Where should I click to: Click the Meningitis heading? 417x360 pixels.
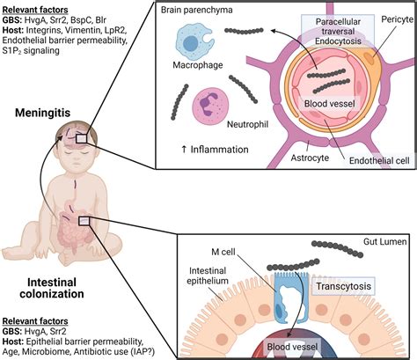tap(43, 113)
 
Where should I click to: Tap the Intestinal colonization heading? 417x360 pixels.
tap(52, 288)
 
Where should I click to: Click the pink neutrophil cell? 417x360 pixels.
tap(209, 106)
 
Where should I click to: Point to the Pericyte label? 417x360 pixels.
tap(397, 19)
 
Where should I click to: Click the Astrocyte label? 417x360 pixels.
tap(310, 158)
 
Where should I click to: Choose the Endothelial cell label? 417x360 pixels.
tap(379, 160)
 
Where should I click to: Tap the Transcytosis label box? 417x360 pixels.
tap(343, 286)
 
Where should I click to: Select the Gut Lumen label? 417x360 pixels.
tap(385, 241)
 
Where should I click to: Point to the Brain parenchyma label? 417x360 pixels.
tap(197, 10)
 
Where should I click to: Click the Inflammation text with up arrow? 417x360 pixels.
tap(215, 150)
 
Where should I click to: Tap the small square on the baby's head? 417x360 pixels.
tap(81, 138)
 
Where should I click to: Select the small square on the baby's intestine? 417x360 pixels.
tap(84, 221)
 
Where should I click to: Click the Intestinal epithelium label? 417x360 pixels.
tap(208, 276)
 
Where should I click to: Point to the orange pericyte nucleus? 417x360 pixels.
tap(369, 58)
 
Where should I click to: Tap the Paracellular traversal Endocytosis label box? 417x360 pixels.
tap(338, 31)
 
